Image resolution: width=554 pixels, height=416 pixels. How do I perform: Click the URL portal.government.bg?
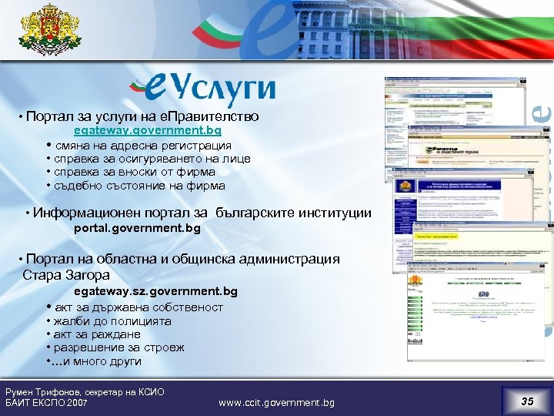tap(137, 229)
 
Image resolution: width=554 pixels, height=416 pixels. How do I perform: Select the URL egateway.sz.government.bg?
tap(155, 291)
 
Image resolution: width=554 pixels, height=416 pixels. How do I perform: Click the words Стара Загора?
tap(66, 275)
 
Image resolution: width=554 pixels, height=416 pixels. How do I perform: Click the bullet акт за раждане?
tap(97, 334)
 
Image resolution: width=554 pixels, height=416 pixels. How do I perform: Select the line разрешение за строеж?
tap(119, 347)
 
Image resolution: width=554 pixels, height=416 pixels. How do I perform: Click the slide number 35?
tap(526, 401)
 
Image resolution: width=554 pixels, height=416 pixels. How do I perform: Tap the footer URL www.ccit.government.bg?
tap(276, 403)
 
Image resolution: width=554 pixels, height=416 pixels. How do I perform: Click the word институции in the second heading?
tap(335, 213)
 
